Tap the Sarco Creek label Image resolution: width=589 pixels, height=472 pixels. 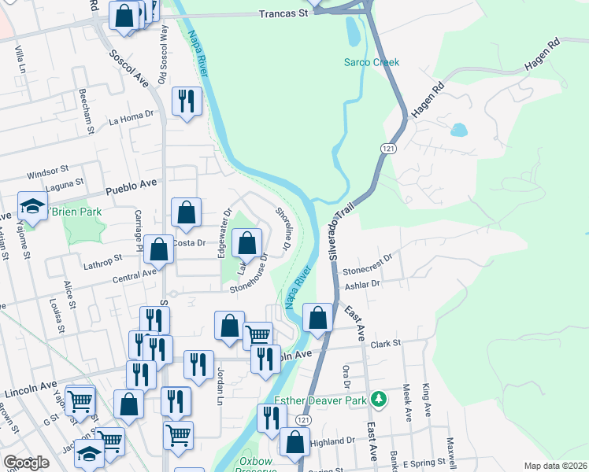pos(372,62)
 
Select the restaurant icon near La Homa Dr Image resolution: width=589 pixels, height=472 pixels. pos(187,101)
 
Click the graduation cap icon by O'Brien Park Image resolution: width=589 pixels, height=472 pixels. pos(32,208)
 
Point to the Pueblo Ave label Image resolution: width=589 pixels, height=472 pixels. pos(132,186)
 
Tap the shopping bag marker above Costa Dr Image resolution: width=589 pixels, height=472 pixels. pos(186,212)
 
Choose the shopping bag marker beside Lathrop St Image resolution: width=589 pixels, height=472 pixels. pos(159,250)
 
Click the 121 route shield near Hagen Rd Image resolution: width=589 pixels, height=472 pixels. pos(387,148)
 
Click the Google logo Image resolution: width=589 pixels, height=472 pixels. pos(26,463)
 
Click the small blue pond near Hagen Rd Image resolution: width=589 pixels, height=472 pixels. pos(458,130)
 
